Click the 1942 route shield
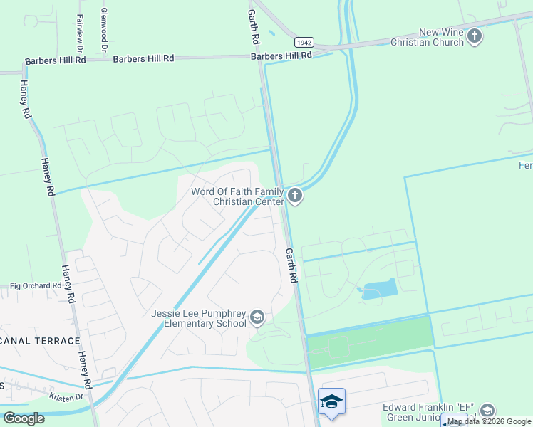click(x=304, y=43)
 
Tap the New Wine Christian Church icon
click(x=475, y=35)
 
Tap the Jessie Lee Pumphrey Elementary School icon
click(x=257, y=317)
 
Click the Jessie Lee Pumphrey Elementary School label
click(x=198, y=318)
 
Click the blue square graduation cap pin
click(x=331, y=403)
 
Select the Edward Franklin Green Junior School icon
click(x=487, y=411)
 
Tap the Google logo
click(x=24, y=418)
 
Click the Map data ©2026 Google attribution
click(x=490, y=422)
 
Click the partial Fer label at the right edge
click(x=524, y=165)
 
